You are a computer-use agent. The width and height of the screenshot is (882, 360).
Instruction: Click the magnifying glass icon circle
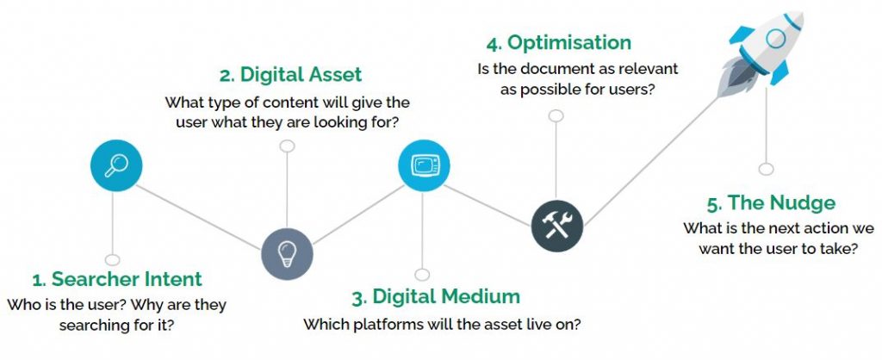116,166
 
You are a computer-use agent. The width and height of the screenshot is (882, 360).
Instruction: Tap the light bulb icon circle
287,254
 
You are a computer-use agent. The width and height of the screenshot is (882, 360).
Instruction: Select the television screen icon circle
424,165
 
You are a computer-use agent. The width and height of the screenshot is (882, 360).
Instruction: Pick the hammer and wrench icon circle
557,226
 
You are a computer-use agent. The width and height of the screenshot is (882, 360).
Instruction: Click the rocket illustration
760,53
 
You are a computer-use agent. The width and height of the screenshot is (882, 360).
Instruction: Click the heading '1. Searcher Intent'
117,279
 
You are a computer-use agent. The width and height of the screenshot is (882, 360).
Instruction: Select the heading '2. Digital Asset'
291,75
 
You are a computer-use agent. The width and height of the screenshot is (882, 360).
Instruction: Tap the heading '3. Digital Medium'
436,297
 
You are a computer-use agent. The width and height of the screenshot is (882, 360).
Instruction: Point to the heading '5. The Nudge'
771,203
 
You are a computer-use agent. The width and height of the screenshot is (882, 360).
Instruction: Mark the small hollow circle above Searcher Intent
113,260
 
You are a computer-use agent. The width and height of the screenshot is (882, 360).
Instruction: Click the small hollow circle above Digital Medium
422,275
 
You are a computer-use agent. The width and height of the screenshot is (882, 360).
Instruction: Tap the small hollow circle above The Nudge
766,169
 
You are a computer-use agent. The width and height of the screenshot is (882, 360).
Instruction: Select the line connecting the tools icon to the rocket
651,161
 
